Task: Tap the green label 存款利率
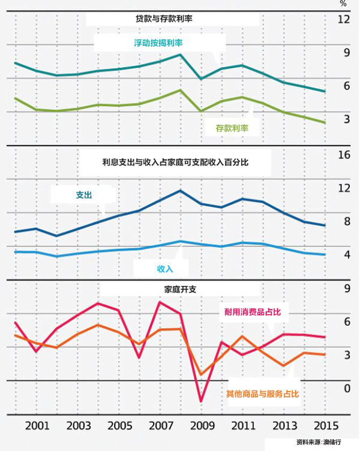[232, 128]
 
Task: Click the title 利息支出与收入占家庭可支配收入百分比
[175, 161]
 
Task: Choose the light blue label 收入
[165, 267]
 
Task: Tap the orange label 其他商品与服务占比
[262, 394]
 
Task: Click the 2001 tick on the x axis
[37, 425]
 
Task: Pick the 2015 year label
[325, 425]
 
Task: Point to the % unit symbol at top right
[343, 4]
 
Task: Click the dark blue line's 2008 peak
[181, 191]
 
